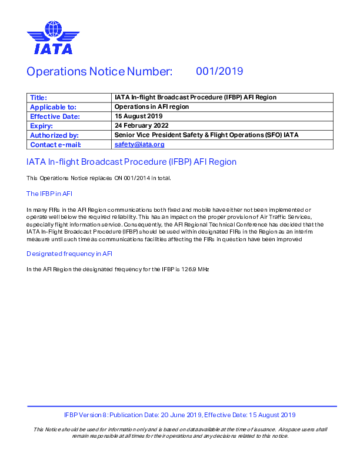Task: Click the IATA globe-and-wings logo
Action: coord(53,37)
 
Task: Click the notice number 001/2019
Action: coord(219,72)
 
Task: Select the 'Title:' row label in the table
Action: coord(39,98)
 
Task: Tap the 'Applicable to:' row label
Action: coord(54,107)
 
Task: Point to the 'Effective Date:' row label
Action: coord(55,116)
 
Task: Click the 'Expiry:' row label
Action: coord(42,126)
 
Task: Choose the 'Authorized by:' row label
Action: coord(54,135)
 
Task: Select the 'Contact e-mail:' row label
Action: coord(55,145)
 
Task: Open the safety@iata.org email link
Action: coord(139,145)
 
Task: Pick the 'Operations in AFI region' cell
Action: coord(152,107)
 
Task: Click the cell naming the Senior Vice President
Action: coord(206,135)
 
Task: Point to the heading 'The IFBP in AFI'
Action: coord(49,194)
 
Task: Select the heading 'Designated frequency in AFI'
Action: coord(69,254)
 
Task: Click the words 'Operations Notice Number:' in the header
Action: coord(99,72)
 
